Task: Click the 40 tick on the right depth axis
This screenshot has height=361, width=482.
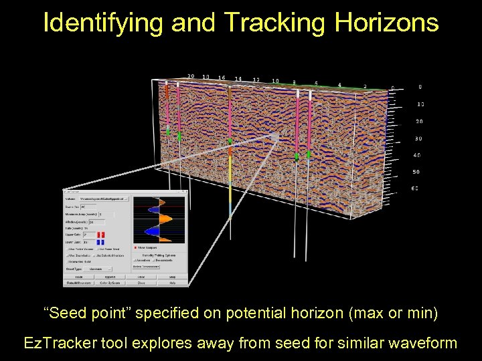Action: point(418,155)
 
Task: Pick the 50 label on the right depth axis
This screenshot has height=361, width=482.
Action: point(418,172)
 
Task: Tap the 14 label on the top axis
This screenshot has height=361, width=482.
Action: point(238,79)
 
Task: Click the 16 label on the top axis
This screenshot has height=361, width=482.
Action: point(222,78)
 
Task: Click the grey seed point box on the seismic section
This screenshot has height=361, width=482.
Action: point(274,137)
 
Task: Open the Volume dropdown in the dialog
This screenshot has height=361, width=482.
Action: point(104,199)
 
